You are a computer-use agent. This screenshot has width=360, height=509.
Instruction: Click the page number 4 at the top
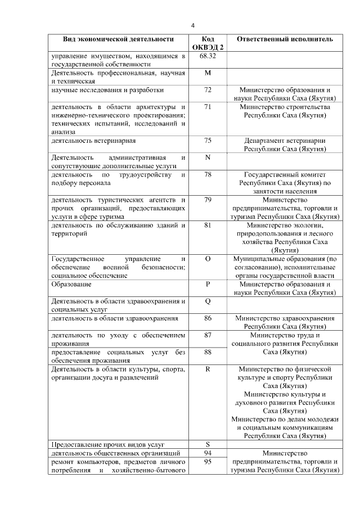click(192, 25)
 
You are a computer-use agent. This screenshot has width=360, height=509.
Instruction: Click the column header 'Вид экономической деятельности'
click(118, 39)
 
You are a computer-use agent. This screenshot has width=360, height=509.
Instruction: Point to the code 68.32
click(208, 56)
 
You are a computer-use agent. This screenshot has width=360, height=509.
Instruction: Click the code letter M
click(208, 73)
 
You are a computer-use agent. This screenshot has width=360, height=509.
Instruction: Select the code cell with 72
click(208, 90)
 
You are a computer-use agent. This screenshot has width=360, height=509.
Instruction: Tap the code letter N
click(208, 157)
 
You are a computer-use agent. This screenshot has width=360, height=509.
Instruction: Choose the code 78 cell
click(208, 175)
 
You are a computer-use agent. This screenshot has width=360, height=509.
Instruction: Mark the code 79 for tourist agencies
click(208, 200)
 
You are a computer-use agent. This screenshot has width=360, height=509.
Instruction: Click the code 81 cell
click(208, 226)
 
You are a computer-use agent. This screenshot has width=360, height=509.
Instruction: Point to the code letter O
click(208, 259)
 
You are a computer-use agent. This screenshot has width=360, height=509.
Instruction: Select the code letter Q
click(208, 301)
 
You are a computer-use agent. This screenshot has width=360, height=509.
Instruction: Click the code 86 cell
click(208, 318)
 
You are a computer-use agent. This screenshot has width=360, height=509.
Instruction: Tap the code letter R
click(208, 369)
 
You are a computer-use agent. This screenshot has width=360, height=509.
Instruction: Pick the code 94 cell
click(208, 453)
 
